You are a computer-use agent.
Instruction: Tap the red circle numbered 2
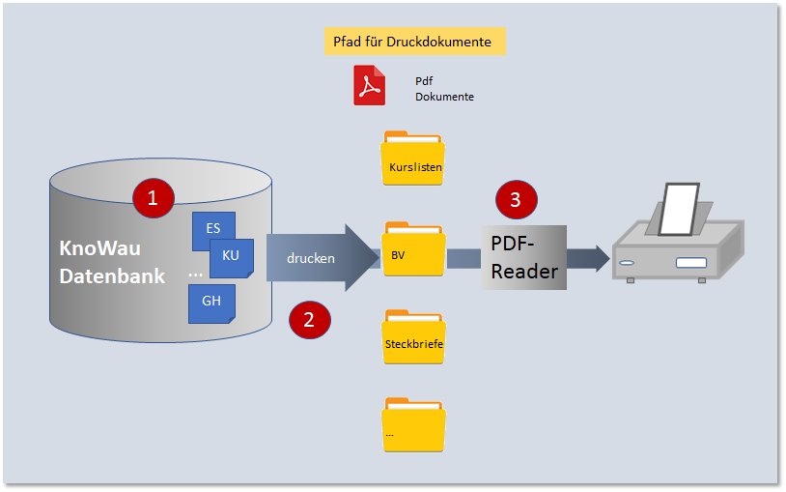tap(310, 320)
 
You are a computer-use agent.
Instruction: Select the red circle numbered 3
tap(516, 200)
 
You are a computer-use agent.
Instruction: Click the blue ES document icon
tap(212, 229)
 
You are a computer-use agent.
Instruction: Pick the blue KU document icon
tap(232, 256)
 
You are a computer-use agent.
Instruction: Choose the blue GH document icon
tap(211, 302)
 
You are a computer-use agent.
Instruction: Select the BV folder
tap(413, 250)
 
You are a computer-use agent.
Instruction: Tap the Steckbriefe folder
tap(413, 338)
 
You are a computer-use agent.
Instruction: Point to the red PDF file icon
tap(368, 85)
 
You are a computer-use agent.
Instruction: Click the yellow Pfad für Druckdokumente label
tap(413, 43)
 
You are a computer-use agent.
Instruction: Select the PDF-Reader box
tap(523, 257)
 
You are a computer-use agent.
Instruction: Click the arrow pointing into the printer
tap(586, 257)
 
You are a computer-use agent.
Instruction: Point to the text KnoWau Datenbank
tap(112, 262)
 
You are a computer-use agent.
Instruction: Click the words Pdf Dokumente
tap(444, 90)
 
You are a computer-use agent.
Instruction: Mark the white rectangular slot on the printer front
tap(691, 263)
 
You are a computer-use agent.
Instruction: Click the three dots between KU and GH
tap(196, 275)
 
